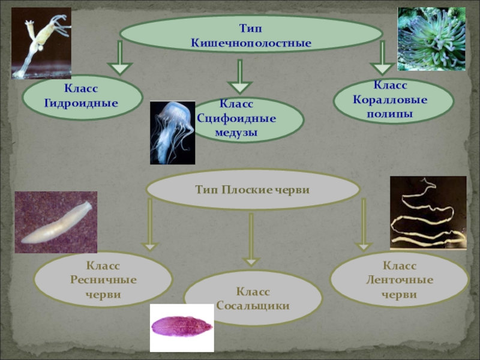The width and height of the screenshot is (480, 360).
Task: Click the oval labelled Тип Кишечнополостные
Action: (251, 34)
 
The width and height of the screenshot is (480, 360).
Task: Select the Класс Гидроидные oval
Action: (82, 97)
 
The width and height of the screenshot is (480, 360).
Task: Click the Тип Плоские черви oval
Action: (252, 190)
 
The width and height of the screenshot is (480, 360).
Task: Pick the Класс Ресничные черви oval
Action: (103, 280)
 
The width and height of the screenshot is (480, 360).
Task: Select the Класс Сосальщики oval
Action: (253, 298)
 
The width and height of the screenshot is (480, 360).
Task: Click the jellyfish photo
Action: (172, 133)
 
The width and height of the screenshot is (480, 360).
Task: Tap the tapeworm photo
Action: (428, 212)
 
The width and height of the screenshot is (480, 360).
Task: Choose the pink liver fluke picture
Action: (181, 327)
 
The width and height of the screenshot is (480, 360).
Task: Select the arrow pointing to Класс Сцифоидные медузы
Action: (240, 76)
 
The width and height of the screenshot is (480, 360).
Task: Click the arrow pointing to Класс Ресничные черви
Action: (149, 225)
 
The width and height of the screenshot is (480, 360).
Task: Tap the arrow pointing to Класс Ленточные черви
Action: (362, 225)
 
